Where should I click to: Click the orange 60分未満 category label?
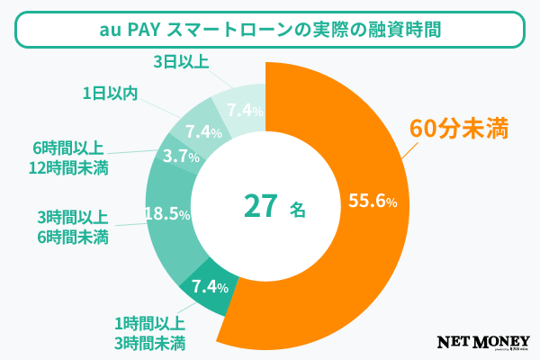(460, 128)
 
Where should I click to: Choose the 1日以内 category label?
(110, 93)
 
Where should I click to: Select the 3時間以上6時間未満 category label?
(73, 228)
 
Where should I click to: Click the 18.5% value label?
(167, 214)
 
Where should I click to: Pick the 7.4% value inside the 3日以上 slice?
(245, 111)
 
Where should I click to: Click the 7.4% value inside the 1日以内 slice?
(203, 131)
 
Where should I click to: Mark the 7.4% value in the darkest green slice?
(208, 287)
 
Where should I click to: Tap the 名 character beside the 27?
(298, 209)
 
